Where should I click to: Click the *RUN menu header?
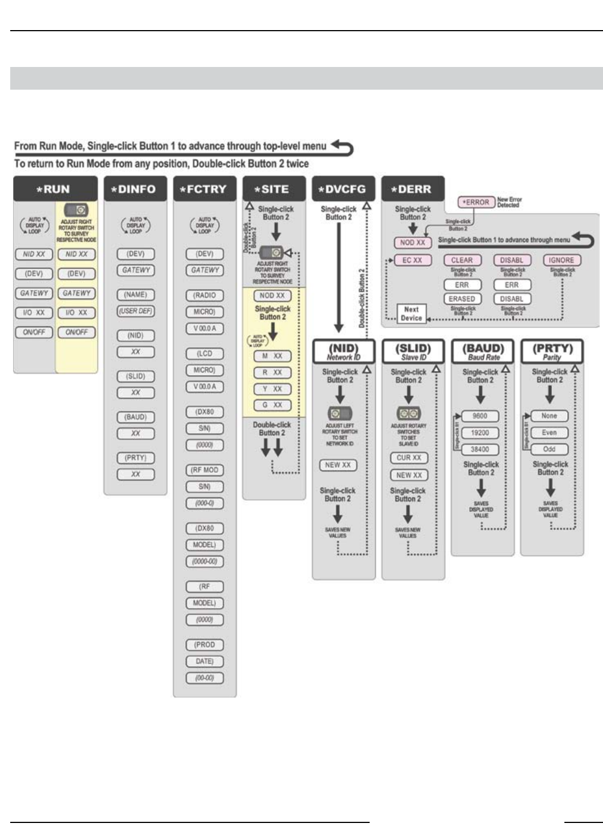[x=55, y=189]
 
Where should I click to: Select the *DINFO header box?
[x=135, y=189]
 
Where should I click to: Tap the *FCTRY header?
[x=204, y=189]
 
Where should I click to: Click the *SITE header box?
[x=274, y=189]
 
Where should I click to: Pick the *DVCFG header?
[x=344, y=189]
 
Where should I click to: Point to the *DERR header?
[x=413, y=189]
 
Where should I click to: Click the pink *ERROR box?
[x=476, y=202]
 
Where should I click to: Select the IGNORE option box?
[x=561, y=260]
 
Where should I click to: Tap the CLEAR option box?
[x=462, y=260]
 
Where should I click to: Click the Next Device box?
[x=412, y=313]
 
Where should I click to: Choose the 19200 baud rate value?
[x=480, y=432]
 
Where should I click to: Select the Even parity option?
[x=549, y=432]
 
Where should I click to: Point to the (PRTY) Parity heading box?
[x=552, y=352]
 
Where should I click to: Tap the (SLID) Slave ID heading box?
[x=413, y=352]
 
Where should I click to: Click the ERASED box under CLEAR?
[x=462, y=299]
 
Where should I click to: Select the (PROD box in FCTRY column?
[x=204, y=645]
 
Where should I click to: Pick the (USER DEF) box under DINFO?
[x=136, y=311]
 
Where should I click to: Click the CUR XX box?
[x=409, y=457]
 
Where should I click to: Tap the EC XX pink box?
[x=412, y=260]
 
